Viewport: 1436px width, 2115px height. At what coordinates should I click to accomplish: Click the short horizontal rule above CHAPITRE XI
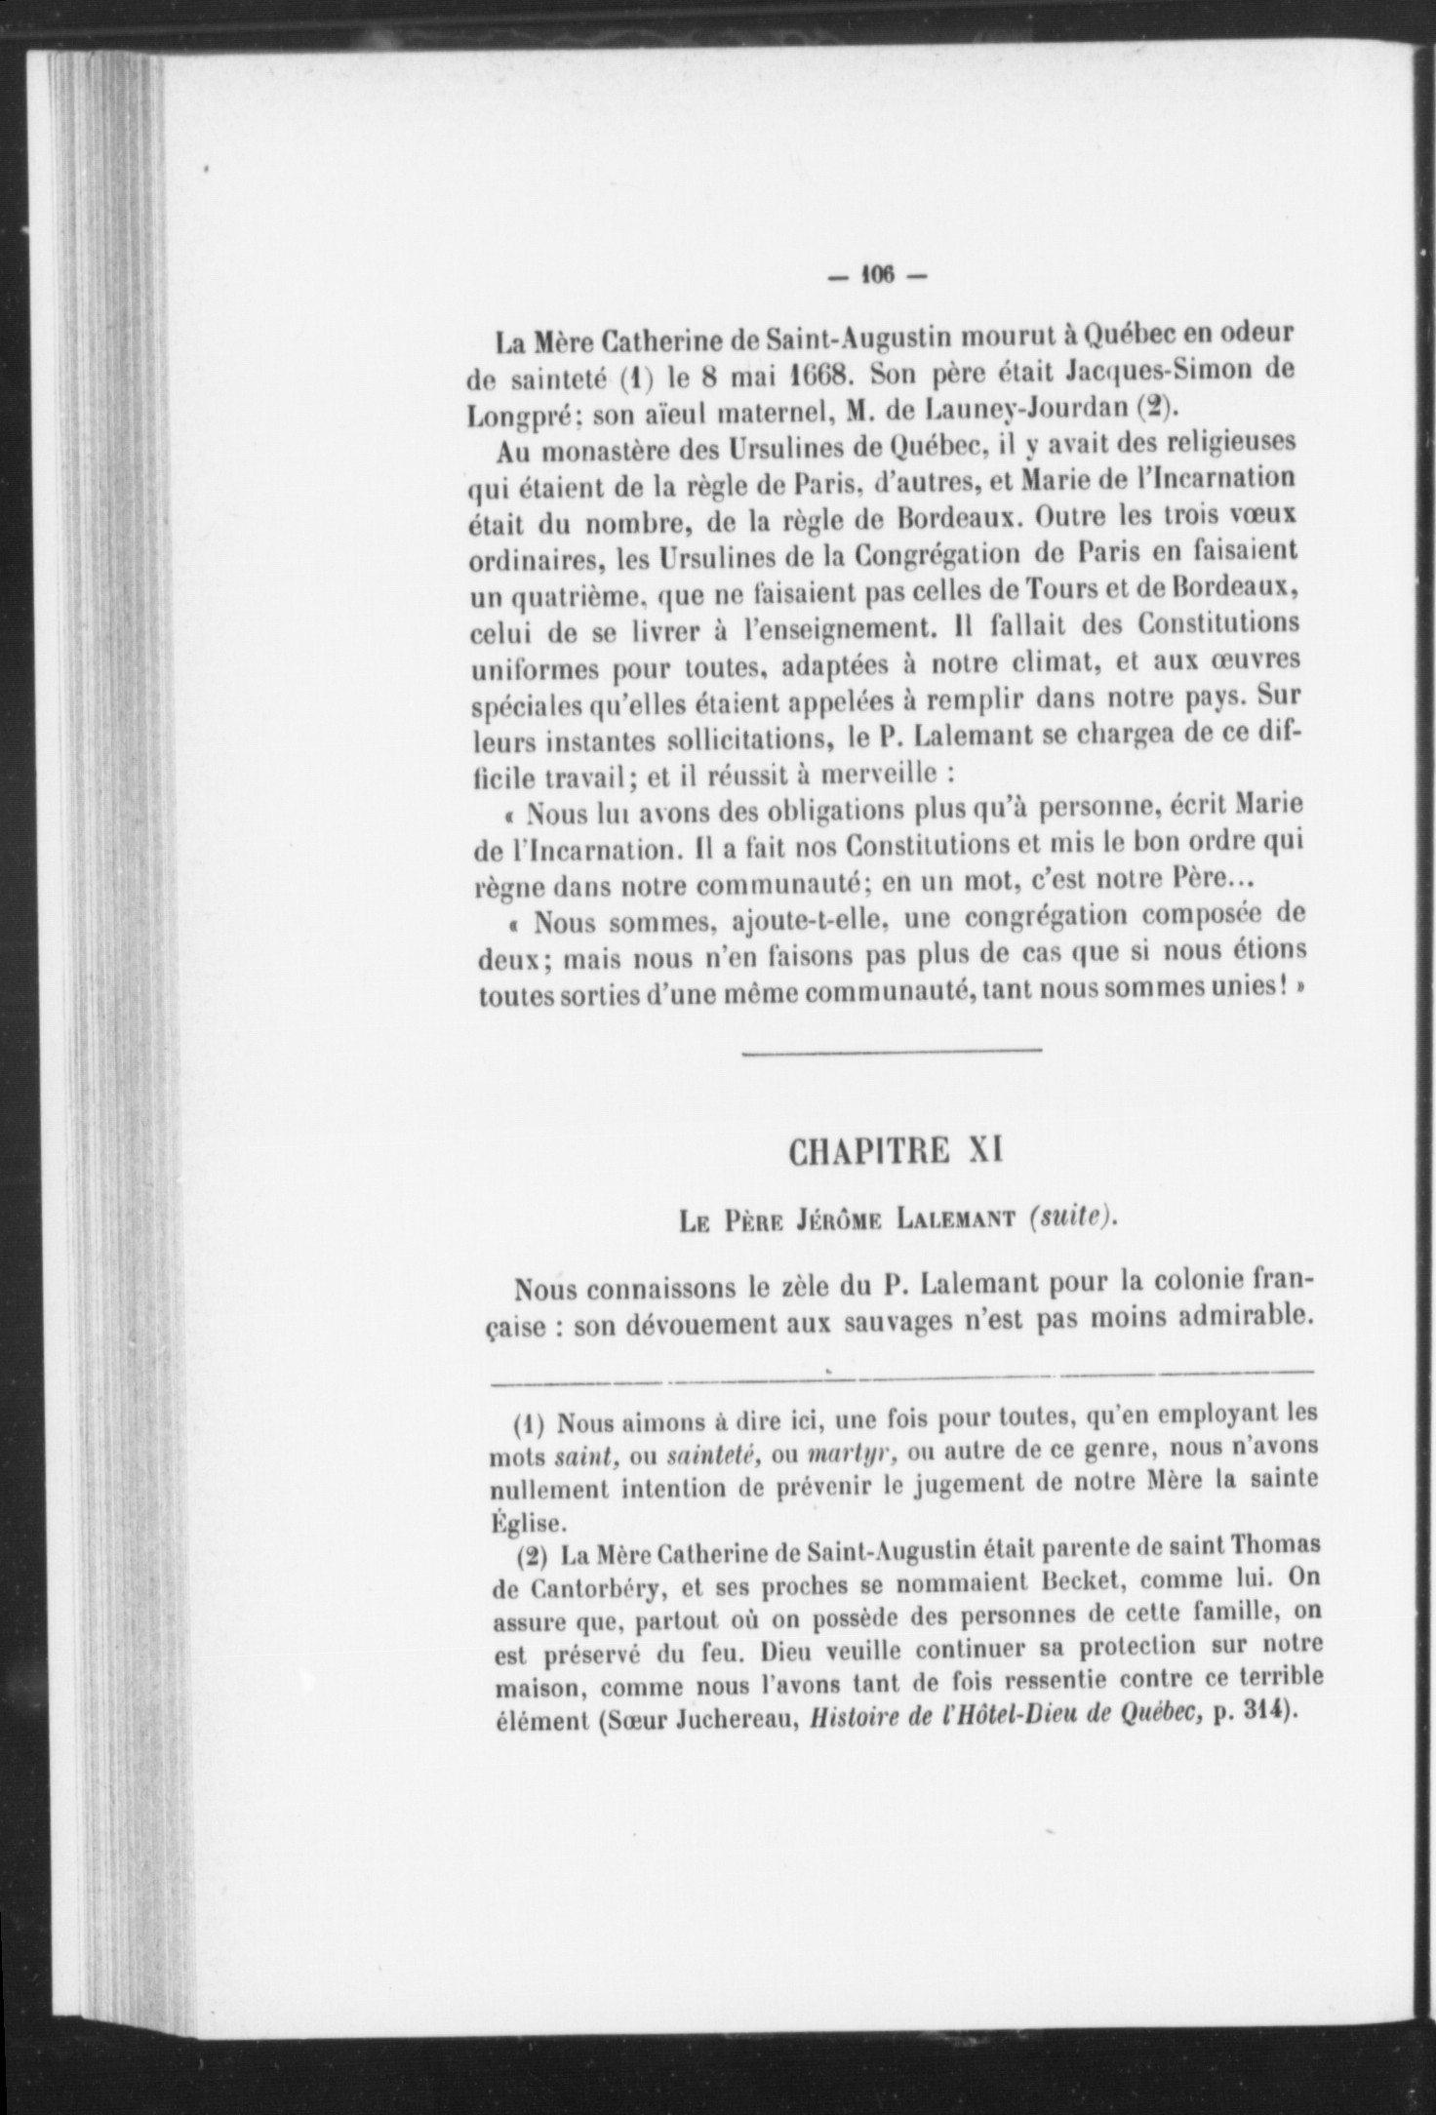point(892,1051)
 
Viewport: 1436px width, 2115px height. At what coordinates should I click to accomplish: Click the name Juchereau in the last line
point(733,1722)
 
